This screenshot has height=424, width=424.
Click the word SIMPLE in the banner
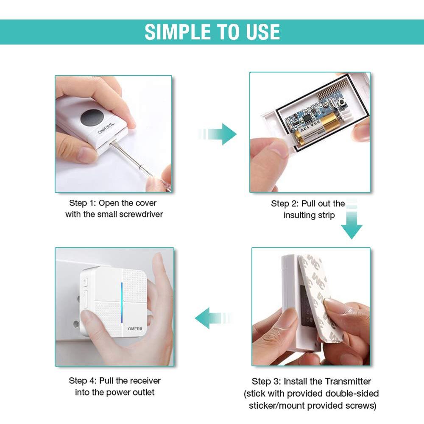178,32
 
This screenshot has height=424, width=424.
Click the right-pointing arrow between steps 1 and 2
217,134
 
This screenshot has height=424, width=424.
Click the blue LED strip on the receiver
122,303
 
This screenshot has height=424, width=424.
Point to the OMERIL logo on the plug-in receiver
136,329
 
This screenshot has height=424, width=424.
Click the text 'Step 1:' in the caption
83,203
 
